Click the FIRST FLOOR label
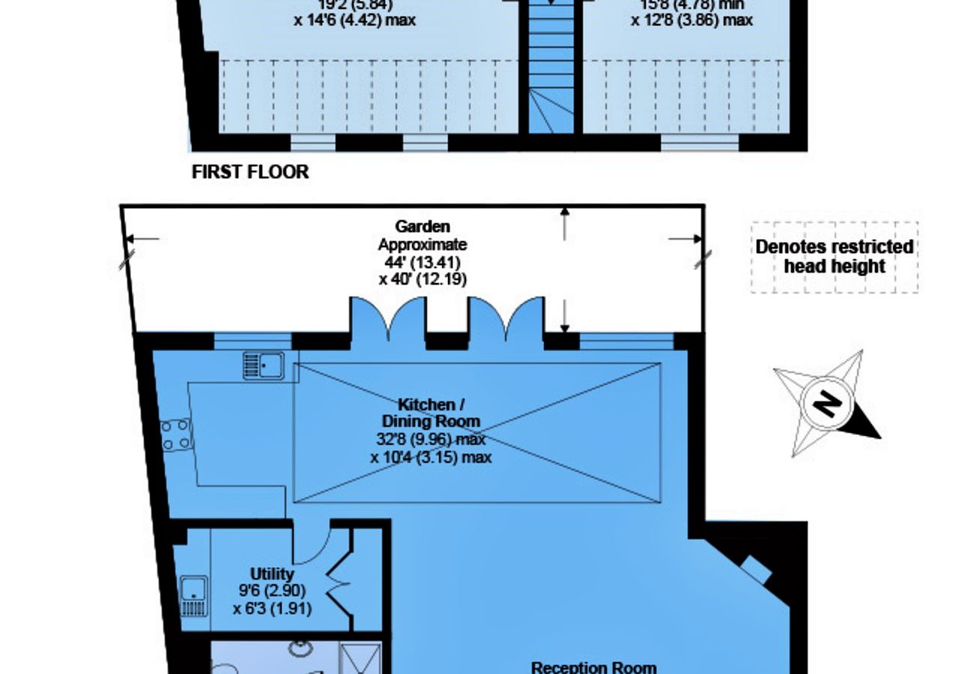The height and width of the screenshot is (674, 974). (x=250, y=171)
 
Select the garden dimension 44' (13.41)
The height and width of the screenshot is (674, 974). (x=423, y=262)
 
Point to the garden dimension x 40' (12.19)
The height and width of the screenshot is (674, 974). (x=423, y=280)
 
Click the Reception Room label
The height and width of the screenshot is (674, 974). (x=593, y=667)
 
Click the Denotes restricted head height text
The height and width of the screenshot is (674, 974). (x=834, y=256)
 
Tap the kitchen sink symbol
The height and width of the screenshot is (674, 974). (x=264, y=365)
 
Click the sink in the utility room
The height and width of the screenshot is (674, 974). (x=194, y=596)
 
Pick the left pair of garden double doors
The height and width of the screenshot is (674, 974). (x=388, y=318)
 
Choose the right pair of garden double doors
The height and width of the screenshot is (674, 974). (x=506, y=318)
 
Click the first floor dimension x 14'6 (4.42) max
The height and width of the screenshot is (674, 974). (x=355, y=20)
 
